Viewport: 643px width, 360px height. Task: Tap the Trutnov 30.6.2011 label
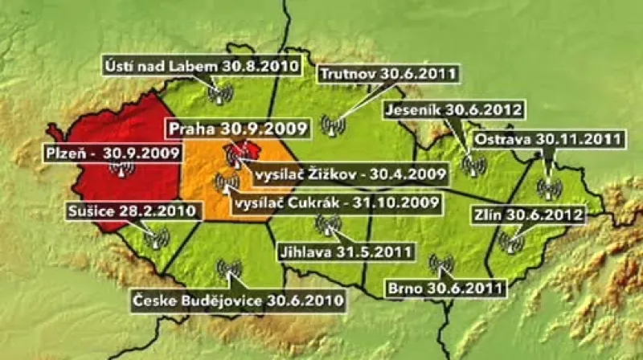click(x=389, y=75)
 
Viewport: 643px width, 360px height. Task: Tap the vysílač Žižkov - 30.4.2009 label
click(x=350, y=172)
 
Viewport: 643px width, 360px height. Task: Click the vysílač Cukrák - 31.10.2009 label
click(x=335, y=202)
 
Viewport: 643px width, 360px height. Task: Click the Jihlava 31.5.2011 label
click(x=345, y=252)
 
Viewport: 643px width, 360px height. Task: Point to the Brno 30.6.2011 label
click(x=445, y=285)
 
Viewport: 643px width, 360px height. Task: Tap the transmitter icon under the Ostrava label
click(x=549, y=188)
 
